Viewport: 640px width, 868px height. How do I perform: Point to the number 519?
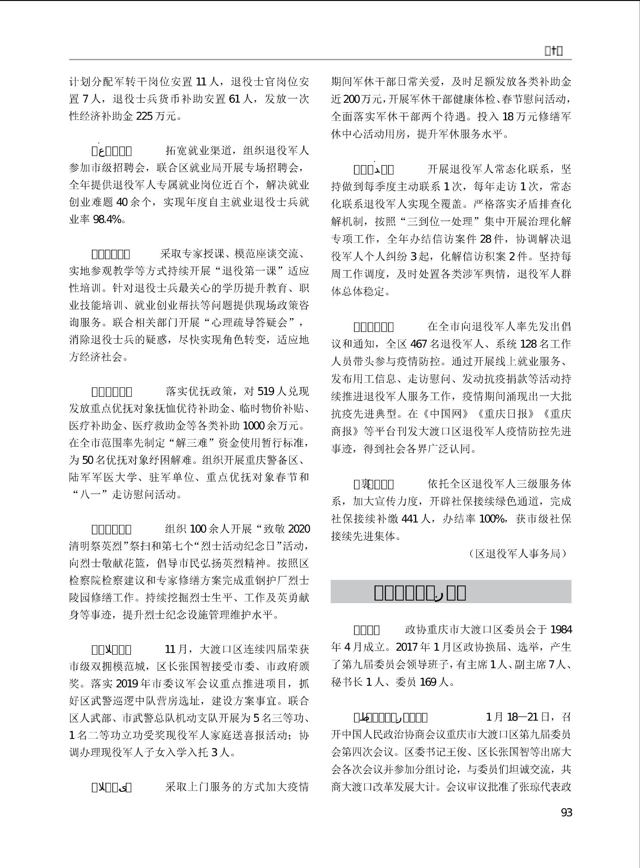coord(265,391)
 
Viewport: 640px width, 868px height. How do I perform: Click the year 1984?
coord(561,630)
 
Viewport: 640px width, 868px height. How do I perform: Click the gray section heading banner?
coord(451,592)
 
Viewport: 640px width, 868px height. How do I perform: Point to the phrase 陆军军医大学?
coord(102,477)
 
